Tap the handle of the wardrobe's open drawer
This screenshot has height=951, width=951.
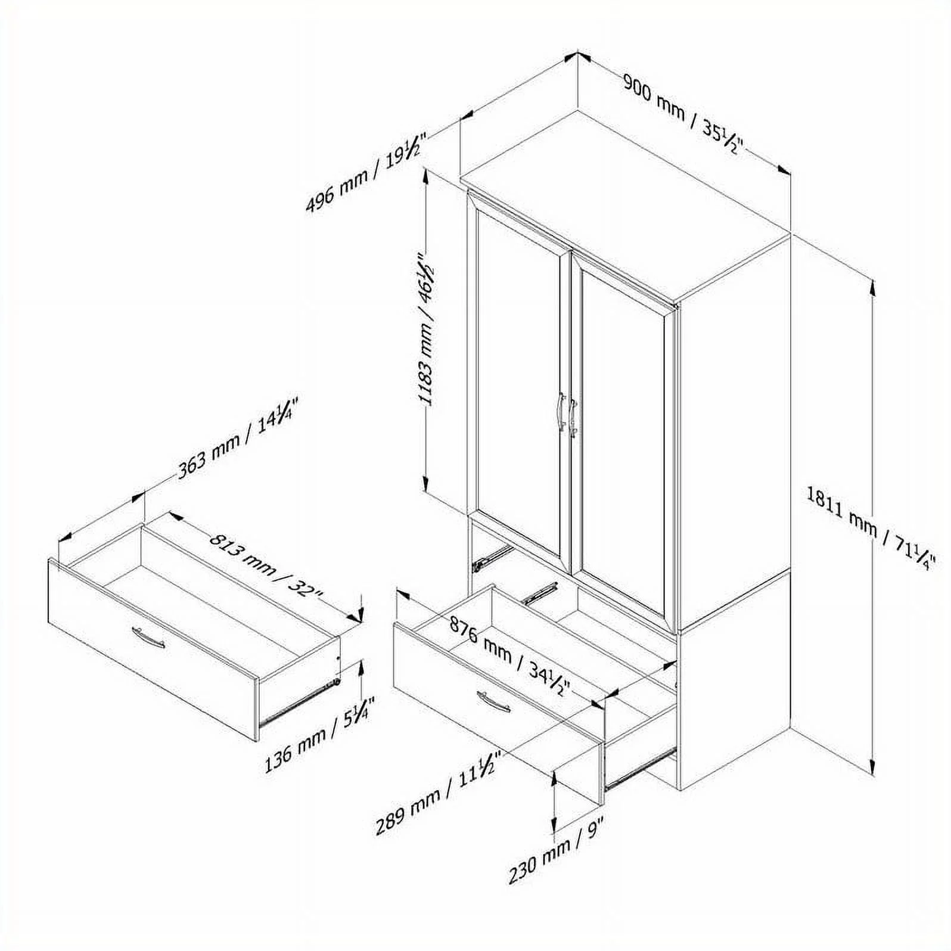coord(493,701)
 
